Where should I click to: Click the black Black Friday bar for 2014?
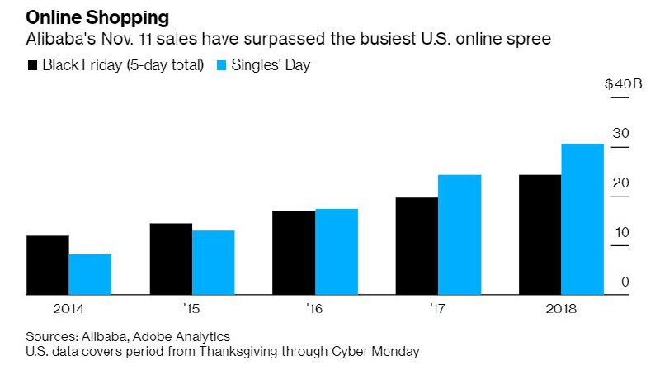point(48,264)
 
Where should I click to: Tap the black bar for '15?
point(171,259)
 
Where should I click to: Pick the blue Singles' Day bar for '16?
point(337,251)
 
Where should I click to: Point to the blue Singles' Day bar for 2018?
point(582,219)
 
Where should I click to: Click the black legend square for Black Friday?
point(32,65)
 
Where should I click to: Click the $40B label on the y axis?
point(618,84)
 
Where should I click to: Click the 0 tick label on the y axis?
point(625,282)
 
